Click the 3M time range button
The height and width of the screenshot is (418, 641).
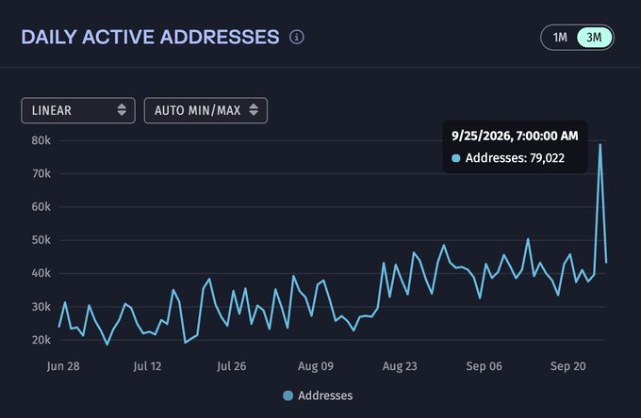595,38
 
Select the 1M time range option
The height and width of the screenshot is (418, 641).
560,38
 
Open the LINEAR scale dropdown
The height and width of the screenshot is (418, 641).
78,110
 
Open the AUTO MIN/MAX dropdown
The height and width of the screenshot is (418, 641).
205,110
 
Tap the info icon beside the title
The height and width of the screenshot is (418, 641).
297,37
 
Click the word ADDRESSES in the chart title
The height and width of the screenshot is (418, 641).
220,37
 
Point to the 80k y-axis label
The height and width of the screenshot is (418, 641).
41,140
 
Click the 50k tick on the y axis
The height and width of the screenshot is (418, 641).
41,240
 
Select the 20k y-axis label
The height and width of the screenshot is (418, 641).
41,340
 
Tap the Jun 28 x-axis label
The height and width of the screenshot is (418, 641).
63,365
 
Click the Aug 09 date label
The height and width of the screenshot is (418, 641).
316,365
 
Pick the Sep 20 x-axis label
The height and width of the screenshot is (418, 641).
568,365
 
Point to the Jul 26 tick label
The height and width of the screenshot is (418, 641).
231,365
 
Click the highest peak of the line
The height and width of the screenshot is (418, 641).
600,144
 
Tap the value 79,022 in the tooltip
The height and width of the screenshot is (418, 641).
547,158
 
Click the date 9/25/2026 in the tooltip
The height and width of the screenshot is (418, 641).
481,136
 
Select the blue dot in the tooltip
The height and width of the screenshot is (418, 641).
456,158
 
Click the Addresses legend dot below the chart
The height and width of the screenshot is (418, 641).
288,395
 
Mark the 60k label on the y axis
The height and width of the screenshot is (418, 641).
41,207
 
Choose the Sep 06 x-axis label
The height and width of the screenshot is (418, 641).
484,365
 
